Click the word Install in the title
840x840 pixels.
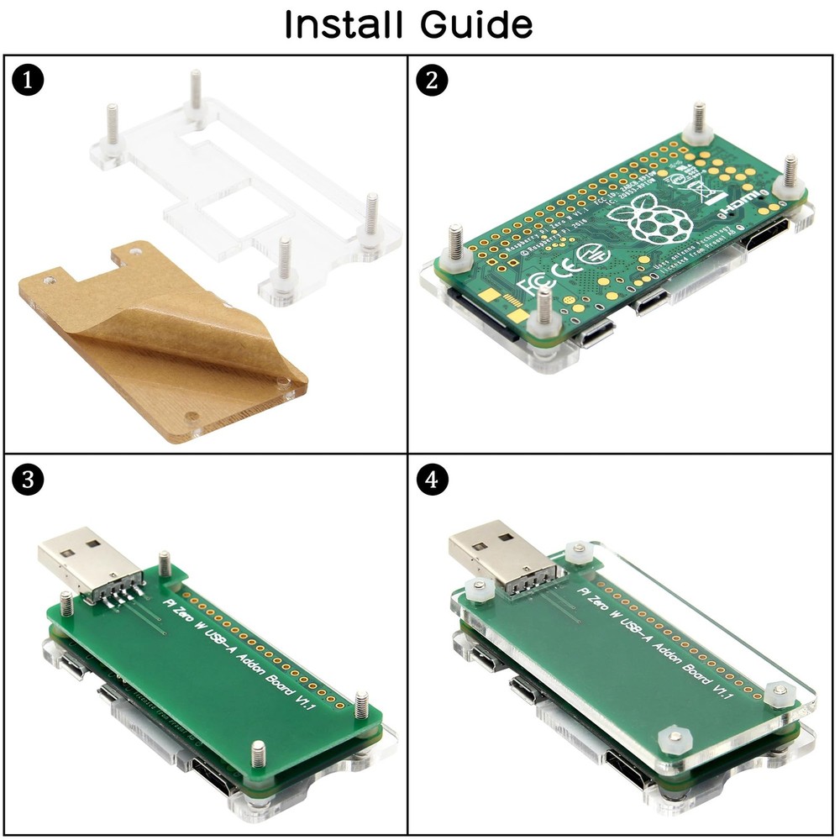tap(344, 24)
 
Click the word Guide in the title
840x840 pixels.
tap(475, 24)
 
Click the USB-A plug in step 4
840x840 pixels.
tap(491, 552)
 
